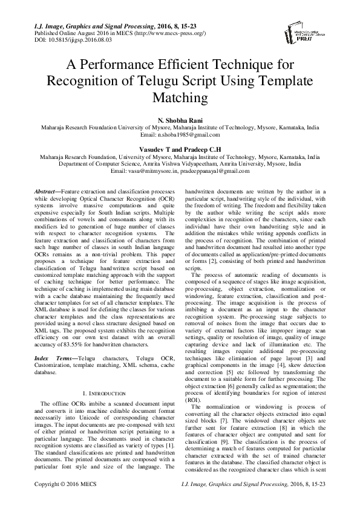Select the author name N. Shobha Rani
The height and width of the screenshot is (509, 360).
[180, 121]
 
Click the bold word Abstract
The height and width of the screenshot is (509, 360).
[47, 190]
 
